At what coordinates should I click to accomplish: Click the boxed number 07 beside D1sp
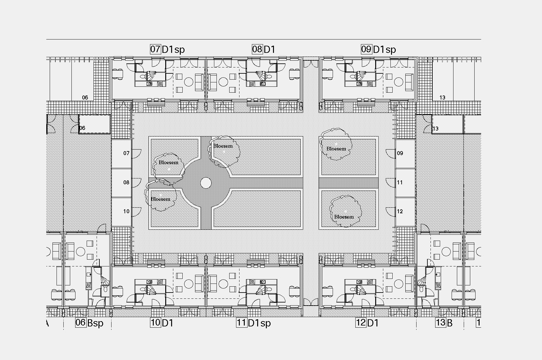(155, 49)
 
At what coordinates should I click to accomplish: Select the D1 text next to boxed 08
(269, 49)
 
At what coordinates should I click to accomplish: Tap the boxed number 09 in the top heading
(366, 49)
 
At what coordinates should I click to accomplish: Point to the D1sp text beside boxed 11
(259, 323)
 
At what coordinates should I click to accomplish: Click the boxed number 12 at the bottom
(361, 323)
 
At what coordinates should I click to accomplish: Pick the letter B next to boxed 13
(449, 323)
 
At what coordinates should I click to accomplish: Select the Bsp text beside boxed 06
(95, 323)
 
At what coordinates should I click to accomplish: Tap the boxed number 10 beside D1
(156, 323)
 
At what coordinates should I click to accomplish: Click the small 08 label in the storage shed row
(126, 182)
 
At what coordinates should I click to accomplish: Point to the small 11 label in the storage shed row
(400, 182)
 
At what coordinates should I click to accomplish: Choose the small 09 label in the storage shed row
(400, 153)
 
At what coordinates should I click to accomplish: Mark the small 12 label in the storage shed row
(400, 211)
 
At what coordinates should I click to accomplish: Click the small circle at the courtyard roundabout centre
(206, 183)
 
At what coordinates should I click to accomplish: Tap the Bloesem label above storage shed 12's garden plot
(344, 217)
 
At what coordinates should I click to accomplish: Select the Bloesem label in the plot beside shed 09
(336, 149)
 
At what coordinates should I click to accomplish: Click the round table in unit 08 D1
(223, 82)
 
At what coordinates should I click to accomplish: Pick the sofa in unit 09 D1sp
(409, 82)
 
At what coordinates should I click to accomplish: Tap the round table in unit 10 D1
(189, 284)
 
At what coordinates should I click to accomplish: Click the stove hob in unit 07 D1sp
(160, 84)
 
